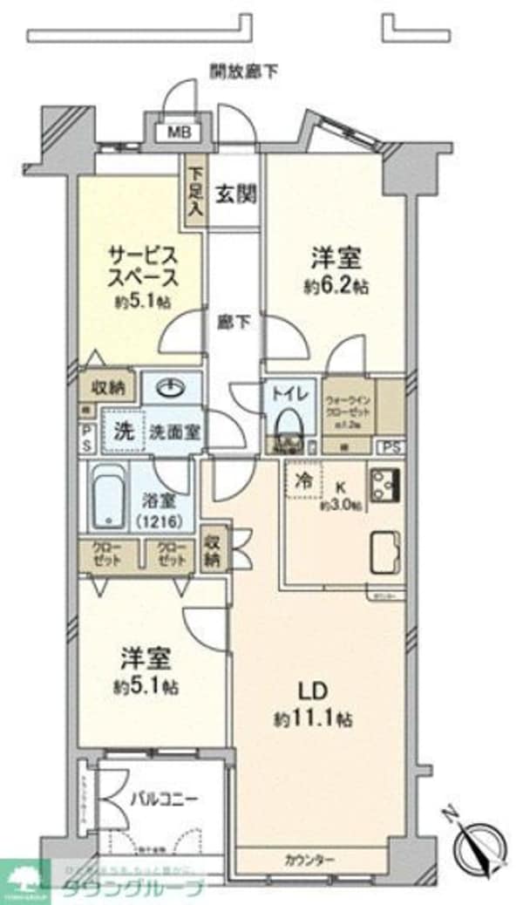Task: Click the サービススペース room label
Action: click(x=144, y=268)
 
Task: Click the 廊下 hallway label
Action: click(x=234, y=322)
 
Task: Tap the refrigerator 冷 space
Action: click(x=304, y=479)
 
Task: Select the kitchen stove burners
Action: click(x=384, y=482)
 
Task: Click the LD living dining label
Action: click(x=311, y=691)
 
